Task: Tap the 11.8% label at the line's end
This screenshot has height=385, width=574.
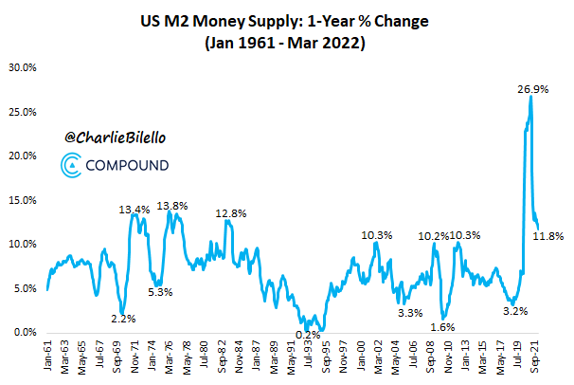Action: [x=548, y=235]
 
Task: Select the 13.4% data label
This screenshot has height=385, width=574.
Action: [x=134, y=210]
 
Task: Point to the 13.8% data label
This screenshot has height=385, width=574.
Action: [x=172, y=206]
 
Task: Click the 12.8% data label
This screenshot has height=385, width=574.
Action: [x=230, y=213]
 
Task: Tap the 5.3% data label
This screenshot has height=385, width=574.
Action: [x=160, y=291]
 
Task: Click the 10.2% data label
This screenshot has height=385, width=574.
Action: [x=434, y=235]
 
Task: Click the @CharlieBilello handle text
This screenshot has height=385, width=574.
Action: [x=116, y=137]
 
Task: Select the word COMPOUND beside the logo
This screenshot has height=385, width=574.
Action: [x=129, y=167]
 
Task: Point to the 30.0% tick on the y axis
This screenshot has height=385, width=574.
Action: [x=23, y=68]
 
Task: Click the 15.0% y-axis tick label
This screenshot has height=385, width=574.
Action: [x=23, y=200]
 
